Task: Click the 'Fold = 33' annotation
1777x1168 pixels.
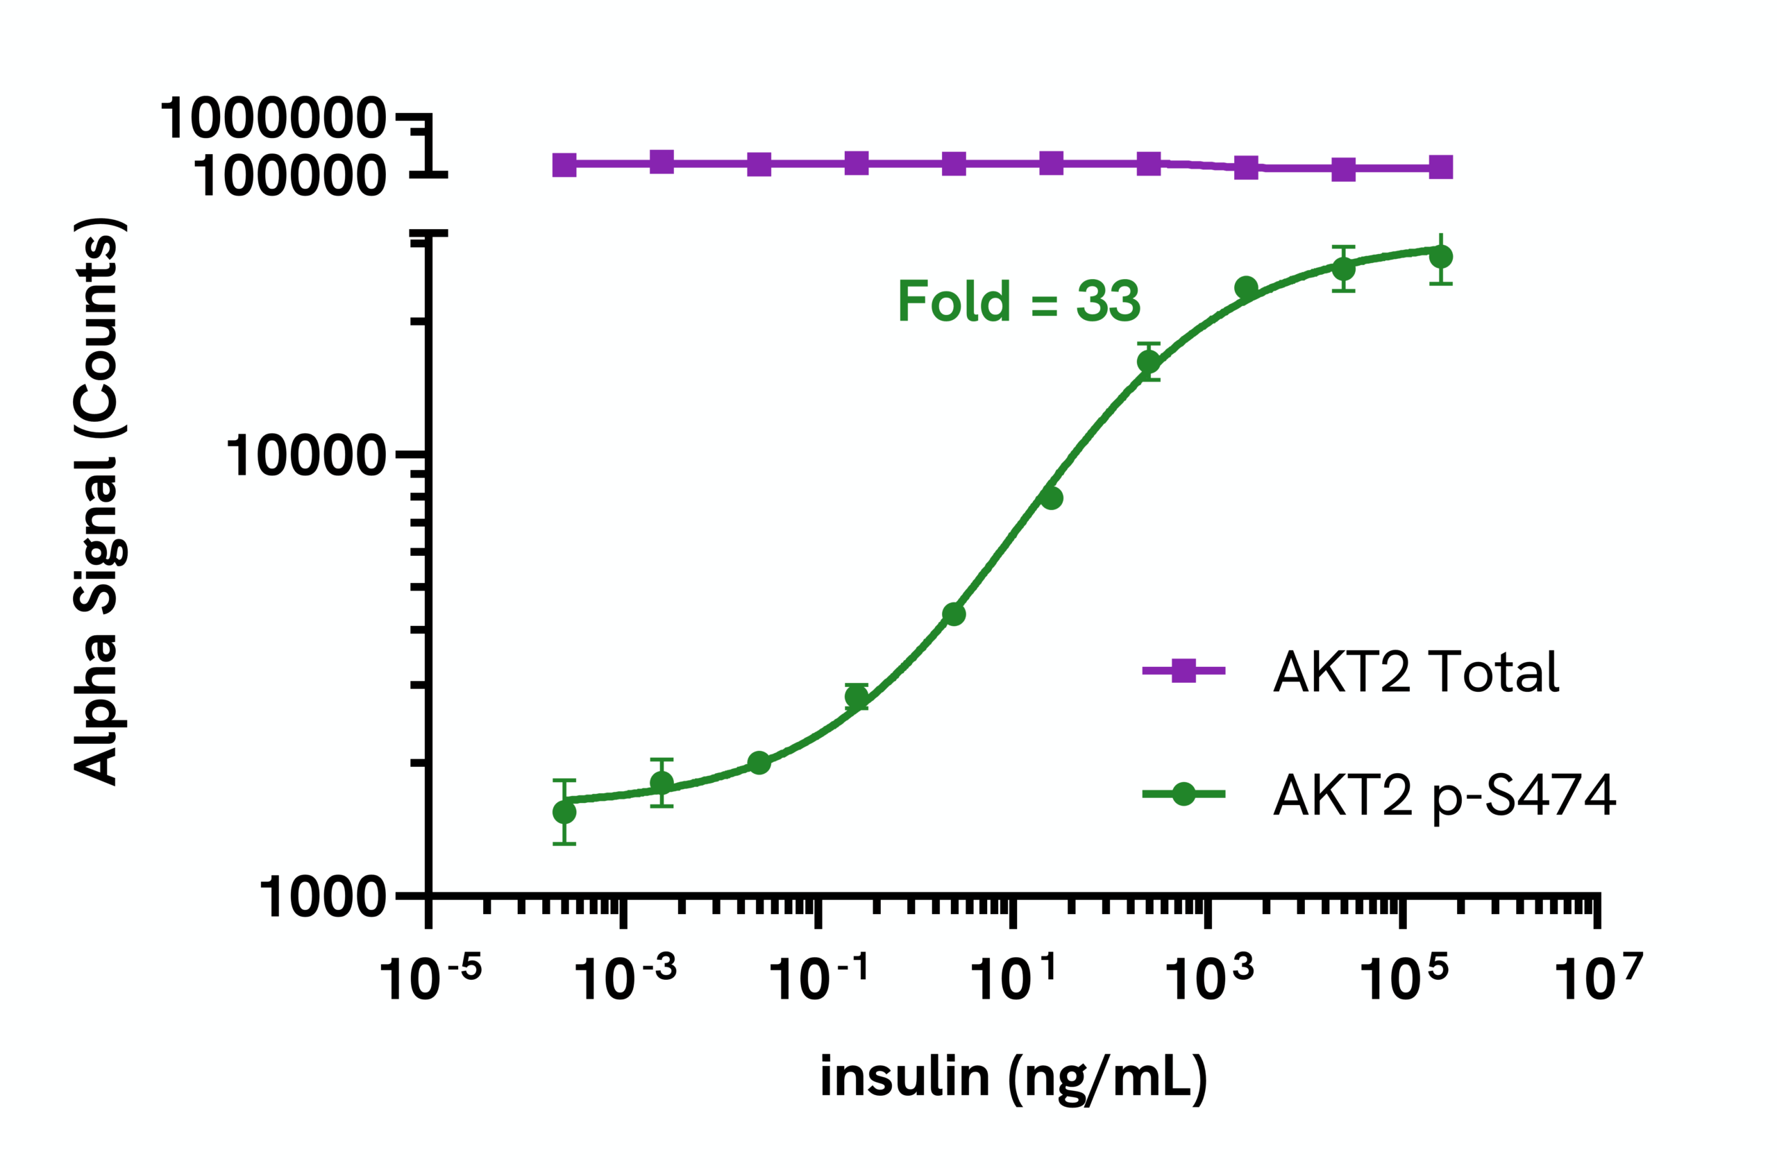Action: [x=1018, y=301]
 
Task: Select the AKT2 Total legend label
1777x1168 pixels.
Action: [x=1415, y=672]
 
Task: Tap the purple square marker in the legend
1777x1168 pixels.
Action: [x=1184, y=670]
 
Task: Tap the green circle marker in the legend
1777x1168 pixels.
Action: [x=1184, y=794]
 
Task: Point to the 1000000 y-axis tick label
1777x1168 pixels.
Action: [x=273, y=119]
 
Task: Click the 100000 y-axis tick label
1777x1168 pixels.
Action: [x=289, y=178]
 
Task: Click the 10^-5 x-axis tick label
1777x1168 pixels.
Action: [x=430, y=979]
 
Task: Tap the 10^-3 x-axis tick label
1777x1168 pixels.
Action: [x=625, y=979]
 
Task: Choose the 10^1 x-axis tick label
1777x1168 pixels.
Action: [x=1013, y=979]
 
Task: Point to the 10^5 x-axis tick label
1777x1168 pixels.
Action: [x=1404, y=979]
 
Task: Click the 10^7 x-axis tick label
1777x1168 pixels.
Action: [x=1599, y=979]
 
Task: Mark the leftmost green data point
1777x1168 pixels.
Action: [x=564, y=812]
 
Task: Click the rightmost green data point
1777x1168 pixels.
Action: [x=1441, y=257]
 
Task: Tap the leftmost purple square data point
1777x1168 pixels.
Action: [x=564, y=165]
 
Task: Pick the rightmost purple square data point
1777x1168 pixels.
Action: [x=1441, y=167]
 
